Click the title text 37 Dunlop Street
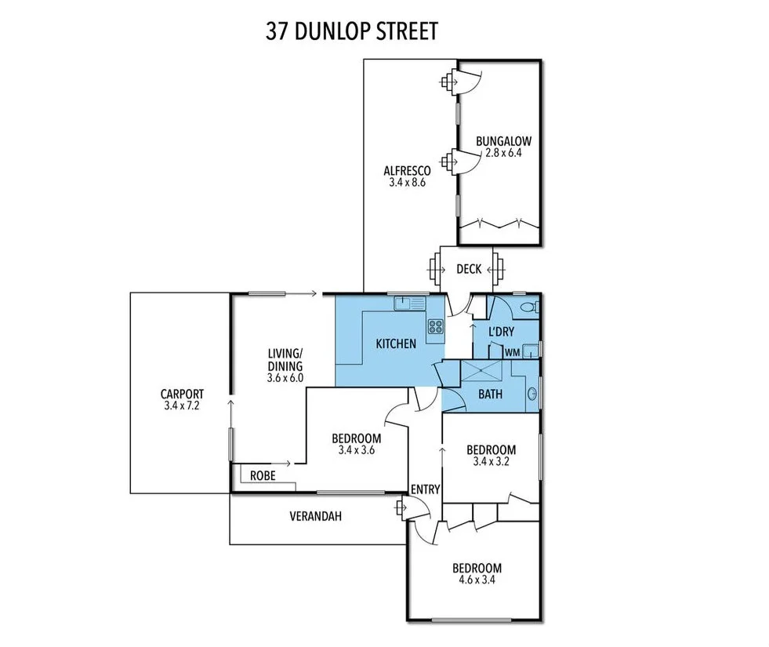pyautogui.click(x=351, y=31)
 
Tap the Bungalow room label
pyautogui.click(x=503, y=142)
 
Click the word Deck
pyautogui.click(x=469, y=269)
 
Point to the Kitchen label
pyautogui.click(x=396, y=343)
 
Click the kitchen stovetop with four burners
pyautogui.click(x=435, y=326)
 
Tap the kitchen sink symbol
pyautogui.click(x=410, y=302)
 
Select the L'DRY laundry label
pyautogui.click(x=501, y=333)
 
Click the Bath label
pyautogui.click(x=491, y=394)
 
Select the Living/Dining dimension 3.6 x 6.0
pyautogui.click(x=285, y=378)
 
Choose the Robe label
pyautogui.click(x=262, y=476)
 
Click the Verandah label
pyautogui.click(x=316, y=517)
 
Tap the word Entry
pyautogui.click(x=426, y=489)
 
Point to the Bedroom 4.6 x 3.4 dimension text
pyautogui.click(x=476, y=581)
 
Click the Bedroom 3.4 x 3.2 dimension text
pyautogui.click(x=491, y=462)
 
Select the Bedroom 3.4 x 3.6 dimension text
pyautogui.click(x=356, y=450)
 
